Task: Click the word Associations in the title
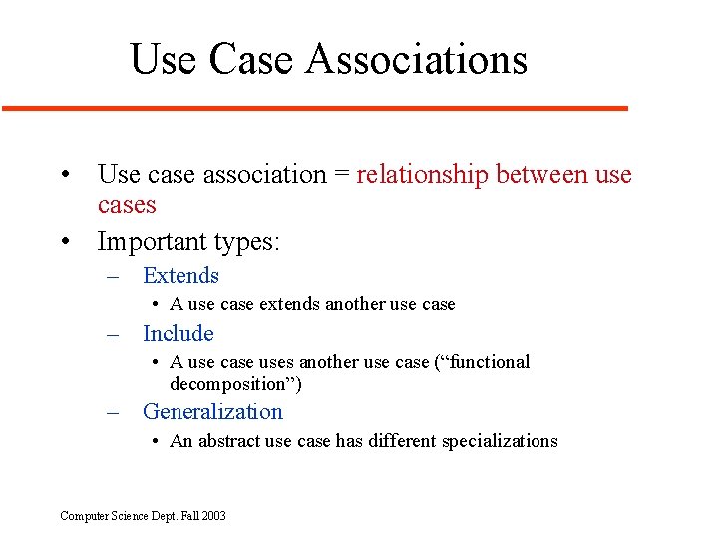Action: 417,59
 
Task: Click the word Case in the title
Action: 253,59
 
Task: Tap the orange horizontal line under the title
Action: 315,107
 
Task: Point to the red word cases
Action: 127,206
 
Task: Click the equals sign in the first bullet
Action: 342,176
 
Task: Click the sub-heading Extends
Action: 180,276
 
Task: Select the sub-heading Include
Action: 179,334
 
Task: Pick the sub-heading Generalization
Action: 212,412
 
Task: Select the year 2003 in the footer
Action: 213,516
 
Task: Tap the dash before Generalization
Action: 115,412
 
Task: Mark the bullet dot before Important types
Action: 65,242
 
